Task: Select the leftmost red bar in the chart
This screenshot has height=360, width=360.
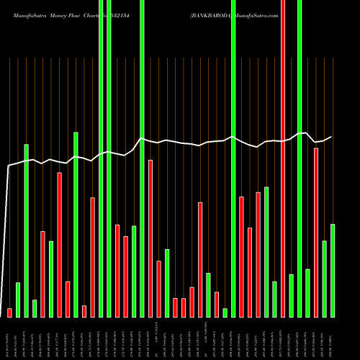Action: (x=9, y=312)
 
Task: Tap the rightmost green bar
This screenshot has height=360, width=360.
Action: (x=333, y=270)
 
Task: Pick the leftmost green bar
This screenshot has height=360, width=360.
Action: (x=18, y=300)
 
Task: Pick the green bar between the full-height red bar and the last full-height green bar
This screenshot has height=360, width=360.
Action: (x=291, y=295)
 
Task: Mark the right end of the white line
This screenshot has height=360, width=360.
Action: (x=333, y=137)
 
